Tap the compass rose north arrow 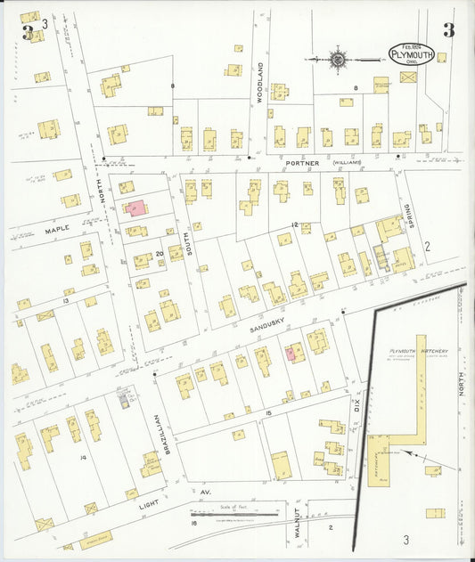click(338, 60)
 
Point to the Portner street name click(295, 163)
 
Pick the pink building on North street click(137, 208)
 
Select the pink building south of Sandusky click(291, 353)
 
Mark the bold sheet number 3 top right click(448, 30)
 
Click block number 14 click(83, 457)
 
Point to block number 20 click(160, 255)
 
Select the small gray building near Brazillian click(124, 402)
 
